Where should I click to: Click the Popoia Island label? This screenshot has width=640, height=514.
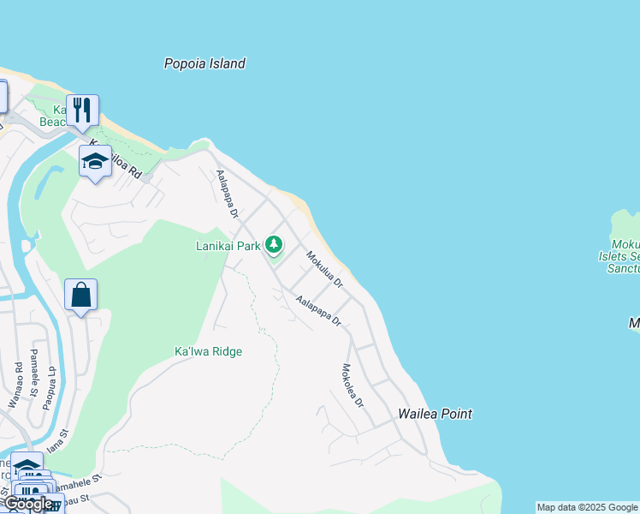tap(204, 63)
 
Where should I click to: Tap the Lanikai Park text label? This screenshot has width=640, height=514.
tap(227, 246)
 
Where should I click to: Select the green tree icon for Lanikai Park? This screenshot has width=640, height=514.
tap(273, 246)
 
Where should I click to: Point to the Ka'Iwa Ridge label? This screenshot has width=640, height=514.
tap(208, 351)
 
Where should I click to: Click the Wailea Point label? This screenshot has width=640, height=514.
tap(435, 414)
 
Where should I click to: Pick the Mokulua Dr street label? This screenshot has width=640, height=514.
tap(325, 269)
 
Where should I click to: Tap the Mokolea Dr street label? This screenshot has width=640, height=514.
tap(353, 385)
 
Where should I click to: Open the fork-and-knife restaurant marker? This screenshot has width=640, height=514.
tap(82, 111)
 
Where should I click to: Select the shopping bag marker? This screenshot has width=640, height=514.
tap(80, 296)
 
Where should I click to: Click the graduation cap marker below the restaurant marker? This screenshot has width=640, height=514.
tap(95, 161)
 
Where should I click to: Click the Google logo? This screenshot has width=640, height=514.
tap(27, 504)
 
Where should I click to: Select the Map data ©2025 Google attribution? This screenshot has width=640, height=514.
tap(587, 507)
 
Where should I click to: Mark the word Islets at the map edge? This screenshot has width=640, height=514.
tap(617, 256)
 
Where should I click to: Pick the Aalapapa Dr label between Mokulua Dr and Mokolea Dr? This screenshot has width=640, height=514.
tap(318, 312)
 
